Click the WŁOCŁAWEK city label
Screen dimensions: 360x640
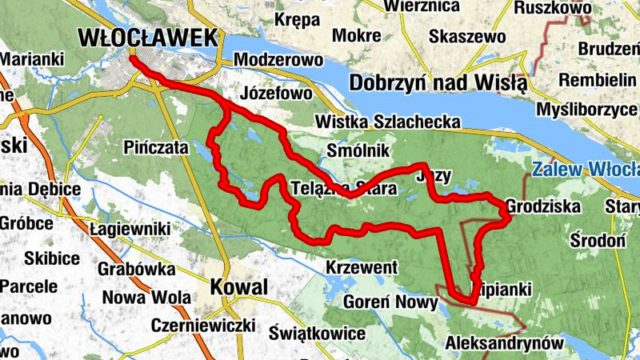coord(148,37)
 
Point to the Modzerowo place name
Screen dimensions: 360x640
coord(278,60)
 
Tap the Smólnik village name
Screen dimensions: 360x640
coord(358,150)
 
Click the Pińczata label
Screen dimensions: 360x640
coord(157,148)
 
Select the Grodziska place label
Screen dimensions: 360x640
coord(542,207)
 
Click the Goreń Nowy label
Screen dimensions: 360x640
coord(390,303)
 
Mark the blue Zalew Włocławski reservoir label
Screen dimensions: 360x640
coord(585,170)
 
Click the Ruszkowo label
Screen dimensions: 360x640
coord(553,8)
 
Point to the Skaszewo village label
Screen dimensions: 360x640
coord(467,37)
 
